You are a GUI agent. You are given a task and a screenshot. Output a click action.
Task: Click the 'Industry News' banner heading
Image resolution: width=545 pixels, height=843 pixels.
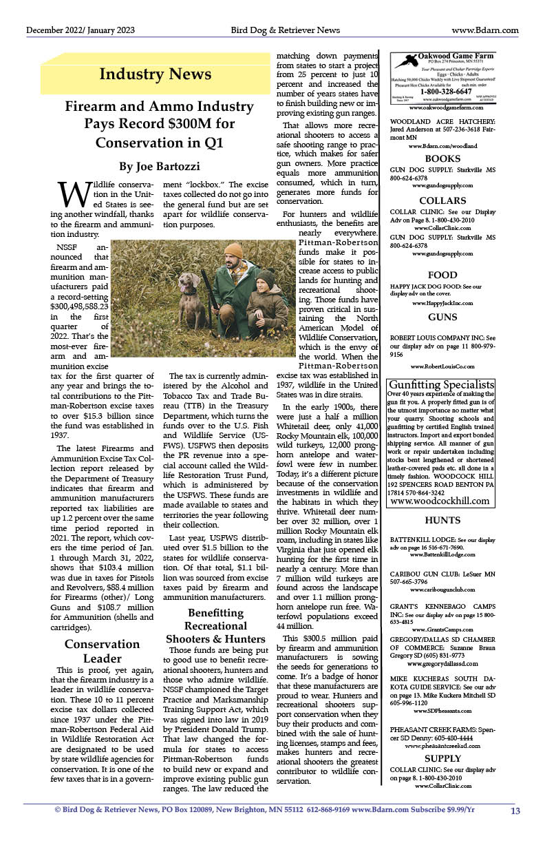[155, 74]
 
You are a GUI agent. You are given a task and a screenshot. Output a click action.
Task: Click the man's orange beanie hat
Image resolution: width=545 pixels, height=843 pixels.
[234, 251]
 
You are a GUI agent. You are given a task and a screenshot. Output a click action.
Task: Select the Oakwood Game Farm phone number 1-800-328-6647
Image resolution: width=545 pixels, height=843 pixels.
[445, 91]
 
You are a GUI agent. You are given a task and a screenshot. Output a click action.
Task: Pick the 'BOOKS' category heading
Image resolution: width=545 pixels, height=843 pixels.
[442, 158]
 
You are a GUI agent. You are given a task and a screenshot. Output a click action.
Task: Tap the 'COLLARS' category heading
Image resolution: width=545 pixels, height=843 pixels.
[442, 200]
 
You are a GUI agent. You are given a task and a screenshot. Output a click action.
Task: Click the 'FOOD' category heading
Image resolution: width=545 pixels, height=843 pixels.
[442, 275]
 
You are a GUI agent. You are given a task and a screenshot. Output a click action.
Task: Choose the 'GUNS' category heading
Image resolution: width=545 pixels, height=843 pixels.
[442, 318]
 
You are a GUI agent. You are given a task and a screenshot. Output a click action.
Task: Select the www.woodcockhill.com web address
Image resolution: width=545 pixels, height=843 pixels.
[441, 501]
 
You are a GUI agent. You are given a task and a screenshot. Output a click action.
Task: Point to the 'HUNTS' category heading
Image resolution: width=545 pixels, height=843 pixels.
[442, 520]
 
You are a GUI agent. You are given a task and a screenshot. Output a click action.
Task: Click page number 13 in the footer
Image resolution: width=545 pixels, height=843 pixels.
[515, 811]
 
